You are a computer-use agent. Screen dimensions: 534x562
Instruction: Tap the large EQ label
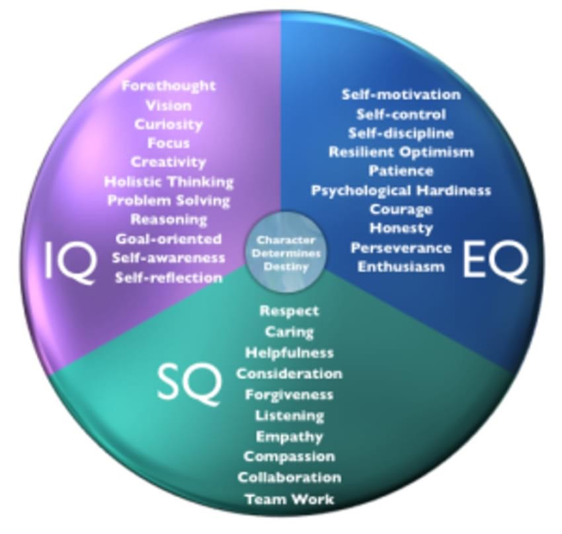tap(495, 260)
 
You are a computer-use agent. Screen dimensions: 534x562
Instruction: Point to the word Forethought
tap(169, 86)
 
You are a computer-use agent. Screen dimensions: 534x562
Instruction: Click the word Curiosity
tap(169, 124)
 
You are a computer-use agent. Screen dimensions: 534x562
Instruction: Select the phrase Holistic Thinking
tap(169, 181)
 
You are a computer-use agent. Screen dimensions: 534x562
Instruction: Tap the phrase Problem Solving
tap(169, 200)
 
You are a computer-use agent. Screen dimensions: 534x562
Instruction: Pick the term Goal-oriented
tap(169, 239)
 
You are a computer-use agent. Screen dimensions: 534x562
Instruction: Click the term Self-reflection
tap(169, 278)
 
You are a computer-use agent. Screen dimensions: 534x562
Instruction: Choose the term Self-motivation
tap(401, 95)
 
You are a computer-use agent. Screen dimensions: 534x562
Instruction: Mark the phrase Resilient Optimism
tap(401, 152)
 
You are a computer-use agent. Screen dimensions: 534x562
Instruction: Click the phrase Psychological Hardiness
tap(401, 190)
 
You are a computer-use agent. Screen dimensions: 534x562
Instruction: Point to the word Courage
tap(401, 210)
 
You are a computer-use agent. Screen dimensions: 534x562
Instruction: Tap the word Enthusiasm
tap(401, 267)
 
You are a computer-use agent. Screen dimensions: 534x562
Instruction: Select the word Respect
tap(289, 311)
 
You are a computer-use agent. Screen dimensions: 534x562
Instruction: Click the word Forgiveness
tap(289, 395)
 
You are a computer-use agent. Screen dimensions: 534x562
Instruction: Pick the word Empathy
tap(289, 436)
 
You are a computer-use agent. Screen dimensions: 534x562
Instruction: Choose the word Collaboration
tap(289, 477)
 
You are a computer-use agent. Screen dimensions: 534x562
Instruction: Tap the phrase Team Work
tap(289, 499)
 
